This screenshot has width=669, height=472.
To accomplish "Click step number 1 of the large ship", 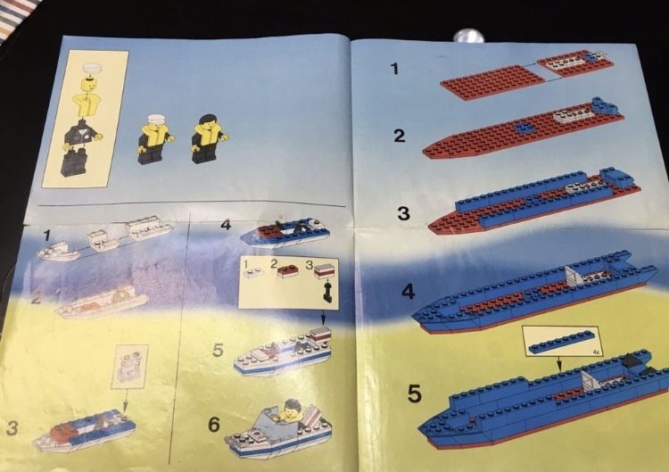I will (x=395, y=68).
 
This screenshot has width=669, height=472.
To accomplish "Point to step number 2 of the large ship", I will (x=399, y=136).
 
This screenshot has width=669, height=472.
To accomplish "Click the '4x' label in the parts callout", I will (x=597, y=352).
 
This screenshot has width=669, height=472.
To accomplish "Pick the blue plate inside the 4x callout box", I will (x=561, y=339).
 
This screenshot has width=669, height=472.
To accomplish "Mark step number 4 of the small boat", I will (x=226, y=225).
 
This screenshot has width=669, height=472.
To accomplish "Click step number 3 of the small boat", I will (x=12, y=427).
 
